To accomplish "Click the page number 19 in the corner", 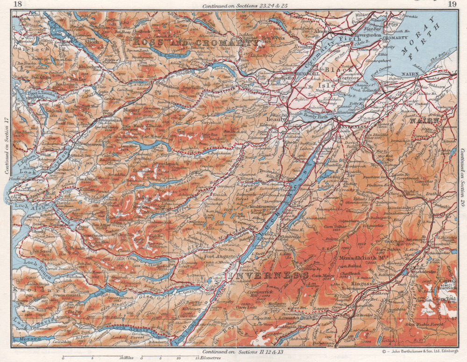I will (x=452, y=5).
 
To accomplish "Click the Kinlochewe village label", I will (x=90, y=67).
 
